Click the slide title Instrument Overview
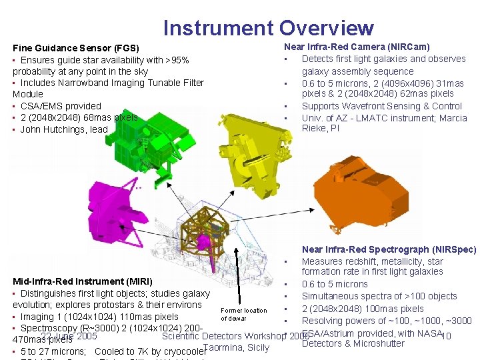coord(269,28)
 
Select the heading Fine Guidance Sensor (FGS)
coord(76,48)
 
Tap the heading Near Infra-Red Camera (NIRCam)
coord(357,47)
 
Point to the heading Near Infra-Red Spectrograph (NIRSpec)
coord(389,249)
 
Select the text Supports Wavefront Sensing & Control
coord(381,106)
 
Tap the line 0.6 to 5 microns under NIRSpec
coord(335,284)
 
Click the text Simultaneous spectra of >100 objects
coord(379,296)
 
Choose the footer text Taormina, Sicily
coord(237,347)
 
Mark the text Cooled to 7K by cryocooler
coord(149,351)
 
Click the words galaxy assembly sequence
coord(357,71)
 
